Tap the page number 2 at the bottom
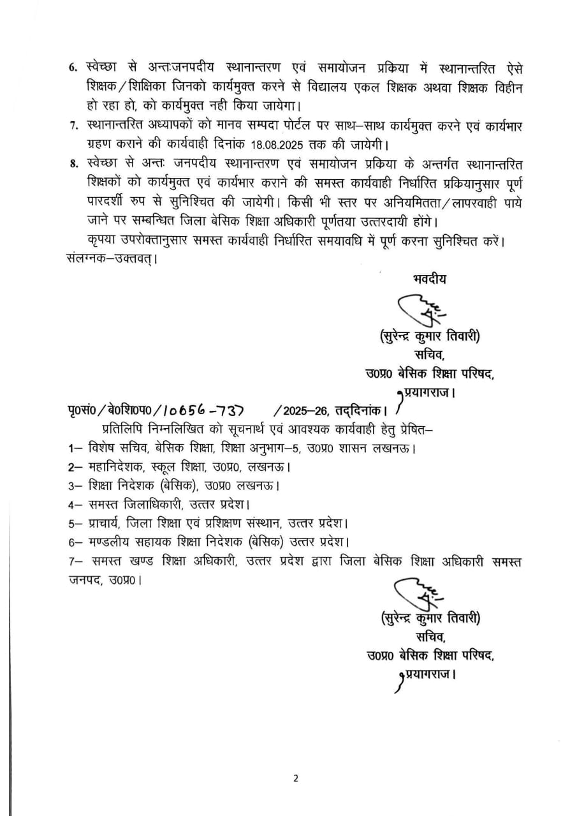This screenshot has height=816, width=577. pos(296,778)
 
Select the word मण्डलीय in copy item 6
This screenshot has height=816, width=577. pos(109,543)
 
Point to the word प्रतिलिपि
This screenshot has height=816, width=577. pos(121,428)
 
